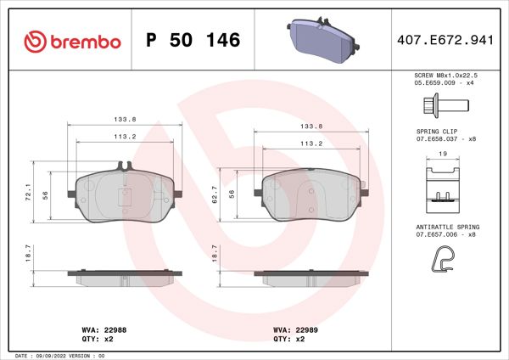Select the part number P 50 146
pyautogui.click(x=193, y=40)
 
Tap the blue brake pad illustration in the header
pyautogui.click(x=321, y=40)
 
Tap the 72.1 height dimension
pyautogui.click(x=28, y=194)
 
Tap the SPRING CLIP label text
pyautogui.click(x=438, y=132)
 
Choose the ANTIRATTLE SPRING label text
pyautogui.click(x=448, y=228)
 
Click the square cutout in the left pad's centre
pyautogui.click(x=123, y=195)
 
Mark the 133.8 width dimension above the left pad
pyautogui.click(x=123, y=121)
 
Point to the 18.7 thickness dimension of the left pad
pyautogui.click(x=28, y=256)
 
